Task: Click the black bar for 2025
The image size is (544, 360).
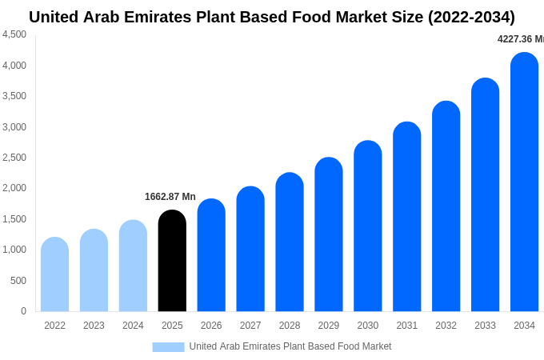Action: (172, 261)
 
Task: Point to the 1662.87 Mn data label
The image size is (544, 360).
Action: (170, 197)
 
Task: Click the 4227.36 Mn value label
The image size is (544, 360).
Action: (520, 39)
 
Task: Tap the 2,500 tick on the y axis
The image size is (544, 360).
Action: (14, 158)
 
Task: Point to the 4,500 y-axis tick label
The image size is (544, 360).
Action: (14, 34)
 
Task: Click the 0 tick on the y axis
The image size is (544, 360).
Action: (23, 311)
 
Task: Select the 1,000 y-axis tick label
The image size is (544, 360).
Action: (14, 250)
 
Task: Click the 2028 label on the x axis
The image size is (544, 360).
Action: (290, 326)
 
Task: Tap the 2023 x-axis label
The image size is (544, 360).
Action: (94, 326)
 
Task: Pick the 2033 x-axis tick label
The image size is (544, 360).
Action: (485, 326)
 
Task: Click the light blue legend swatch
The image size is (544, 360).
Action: (168, 347)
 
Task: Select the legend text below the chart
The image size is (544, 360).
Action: (290, 346)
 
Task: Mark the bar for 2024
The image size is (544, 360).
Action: (133, 266)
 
